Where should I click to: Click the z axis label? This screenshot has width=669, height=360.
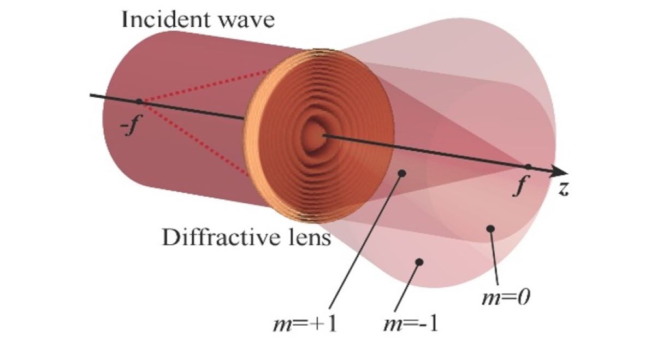[563, 190]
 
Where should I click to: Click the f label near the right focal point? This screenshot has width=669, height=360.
[522, 188]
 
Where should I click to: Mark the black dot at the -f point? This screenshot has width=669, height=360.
[139, 102]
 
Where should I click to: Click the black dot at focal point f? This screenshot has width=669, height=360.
[528, 167]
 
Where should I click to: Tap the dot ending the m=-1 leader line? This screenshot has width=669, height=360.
[419, 262]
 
